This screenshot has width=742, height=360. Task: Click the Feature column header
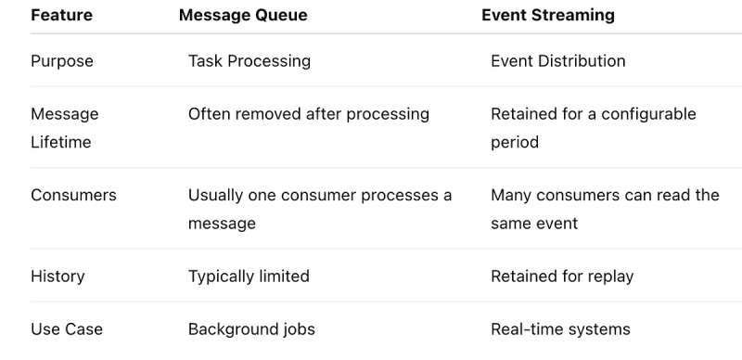coord(61,15)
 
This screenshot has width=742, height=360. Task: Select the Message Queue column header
coord(243,15)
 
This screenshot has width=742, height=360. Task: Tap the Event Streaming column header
coord(548,15)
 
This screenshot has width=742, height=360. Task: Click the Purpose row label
coord(62,61)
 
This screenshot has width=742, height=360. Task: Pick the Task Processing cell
coord(249,61)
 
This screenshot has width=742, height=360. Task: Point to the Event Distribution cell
coord(558,61)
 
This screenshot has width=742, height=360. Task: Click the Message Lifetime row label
coord(65,128)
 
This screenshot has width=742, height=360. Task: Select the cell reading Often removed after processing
coord(309,114)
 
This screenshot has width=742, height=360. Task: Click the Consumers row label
coord(73,195)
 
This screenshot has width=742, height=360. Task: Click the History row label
coord(58,276)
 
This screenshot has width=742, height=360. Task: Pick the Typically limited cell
coord(249,276)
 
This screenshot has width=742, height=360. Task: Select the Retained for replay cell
coord(562,276)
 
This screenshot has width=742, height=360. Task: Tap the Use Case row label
coord(67,329)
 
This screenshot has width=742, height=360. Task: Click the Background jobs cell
coord(251,329)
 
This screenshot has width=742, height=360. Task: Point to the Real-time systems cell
coord(560,329)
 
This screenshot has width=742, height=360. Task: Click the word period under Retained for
coord(515,143)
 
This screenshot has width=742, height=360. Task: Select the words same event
coord(534,224)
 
